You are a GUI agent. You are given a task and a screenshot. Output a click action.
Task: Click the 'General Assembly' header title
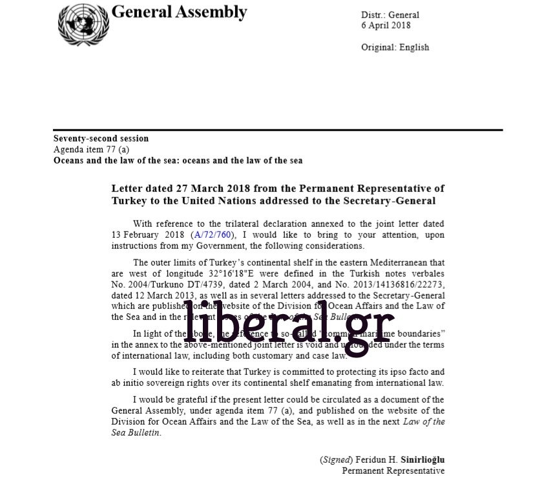click(179, 12)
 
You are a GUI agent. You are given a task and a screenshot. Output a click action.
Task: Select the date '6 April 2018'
click(386, 26)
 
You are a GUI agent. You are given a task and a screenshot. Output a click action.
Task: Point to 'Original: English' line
click(394, 47)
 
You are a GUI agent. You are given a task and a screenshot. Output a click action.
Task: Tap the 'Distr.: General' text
click(390, 15)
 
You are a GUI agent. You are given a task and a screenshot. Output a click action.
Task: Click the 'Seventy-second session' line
click(101, 139)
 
